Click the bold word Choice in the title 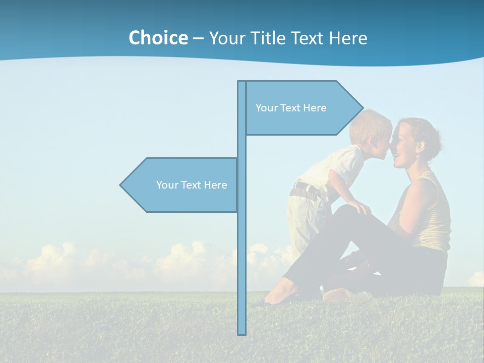point(158,38)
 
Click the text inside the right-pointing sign point(291,108)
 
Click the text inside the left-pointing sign point(192,185)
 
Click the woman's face point(403,144)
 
